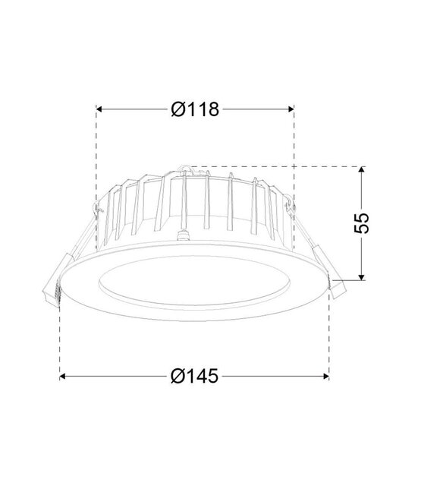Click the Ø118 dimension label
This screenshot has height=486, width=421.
click(x=195, y=110)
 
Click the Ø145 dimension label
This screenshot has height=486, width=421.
click(x=195, y=376)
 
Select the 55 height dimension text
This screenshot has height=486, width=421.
click(x=363, y=222)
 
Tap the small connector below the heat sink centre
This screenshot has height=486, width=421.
click(x=183, y=236)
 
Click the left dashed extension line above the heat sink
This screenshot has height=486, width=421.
click(x=96, y=152)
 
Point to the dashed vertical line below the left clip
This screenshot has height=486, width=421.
click(x=60, y=342)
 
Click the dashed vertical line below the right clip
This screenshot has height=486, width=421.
click(x=330, y=334)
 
